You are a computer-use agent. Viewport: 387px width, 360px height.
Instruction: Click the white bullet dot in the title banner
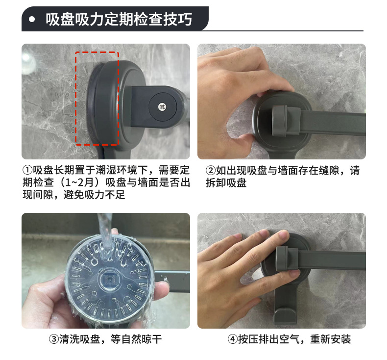click(x=32, y=20)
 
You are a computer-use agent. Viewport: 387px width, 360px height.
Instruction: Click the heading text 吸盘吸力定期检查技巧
click(x=119, y=20)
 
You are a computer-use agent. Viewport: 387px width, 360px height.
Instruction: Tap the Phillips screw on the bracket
click(x=162, y=105)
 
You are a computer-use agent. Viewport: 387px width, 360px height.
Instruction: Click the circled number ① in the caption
click(x=27, y=171)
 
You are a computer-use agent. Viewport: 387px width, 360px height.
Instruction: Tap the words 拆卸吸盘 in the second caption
click(x=226, y=183)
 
